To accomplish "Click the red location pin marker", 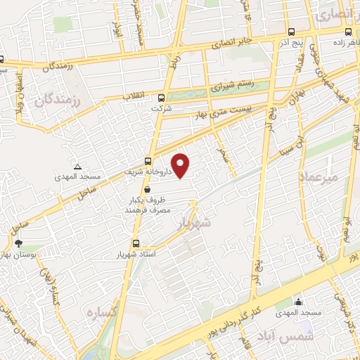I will (x=181, y=165).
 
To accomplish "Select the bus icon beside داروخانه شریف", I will (x=148, y=160).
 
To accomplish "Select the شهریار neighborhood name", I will (x=194, y=222).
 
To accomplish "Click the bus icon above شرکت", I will (x=161, y=98).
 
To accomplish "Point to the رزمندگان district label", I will (x=54, y=102).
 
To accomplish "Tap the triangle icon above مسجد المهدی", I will (x=77, y=165).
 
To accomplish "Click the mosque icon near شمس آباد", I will (x=300, y=302).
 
